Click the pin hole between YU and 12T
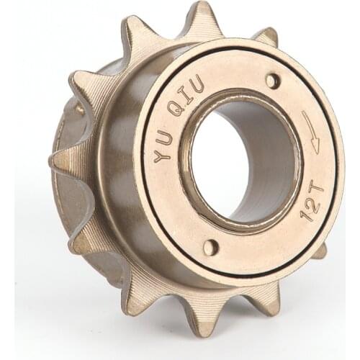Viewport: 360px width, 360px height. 210,247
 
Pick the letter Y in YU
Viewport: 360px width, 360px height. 163,153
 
